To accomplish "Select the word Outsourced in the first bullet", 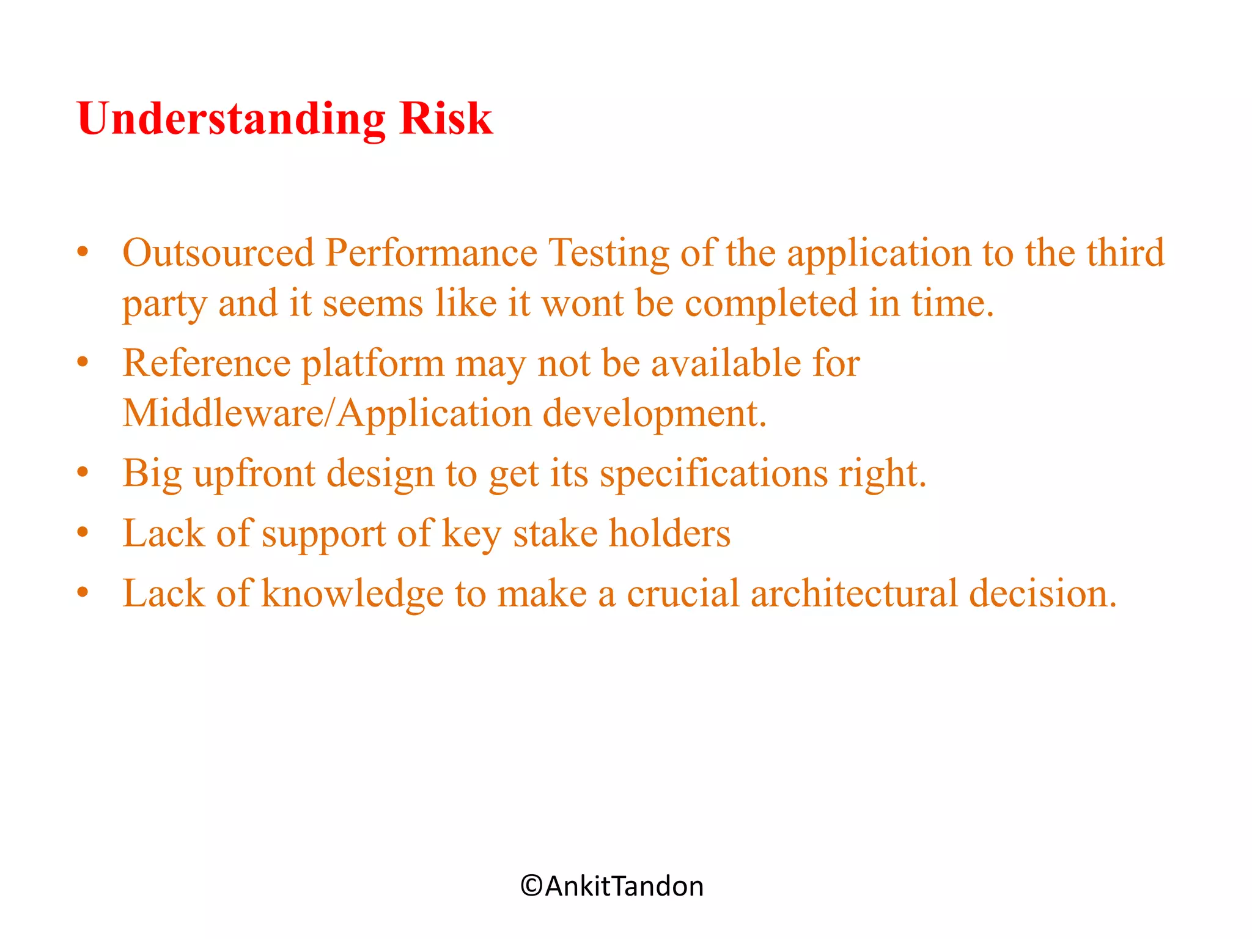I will pos(218,252).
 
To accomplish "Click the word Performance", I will pos(431,252).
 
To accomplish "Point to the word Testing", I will pos(608,254).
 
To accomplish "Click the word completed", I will pos(771,304).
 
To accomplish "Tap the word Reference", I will pos(207,363).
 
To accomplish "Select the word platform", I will pos(373,364).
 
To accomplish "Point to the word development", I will pos(654,414).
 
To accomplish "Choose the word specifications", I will pos(713,474).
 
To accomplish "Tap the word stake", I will pos(554,533).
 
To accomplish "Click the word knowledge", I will pos(352,594).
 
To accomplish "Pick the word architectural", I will pos(854,593).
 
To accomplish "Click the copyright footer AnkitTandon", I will pos(612,886).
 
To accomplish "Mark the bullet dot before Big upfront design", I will pos(83,473).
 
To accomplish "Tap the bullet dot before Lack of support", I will pos(83,532).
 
